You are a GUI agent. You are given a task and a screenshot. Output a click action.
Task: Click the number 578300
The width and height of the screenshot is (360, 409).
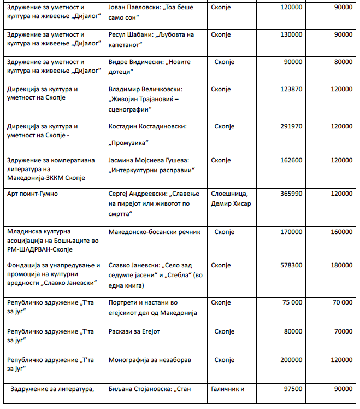click(x=290, y=265)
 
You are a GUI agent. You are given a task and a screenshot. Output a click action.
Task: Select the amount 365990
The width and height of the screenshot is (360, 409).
click(x=290, y=194)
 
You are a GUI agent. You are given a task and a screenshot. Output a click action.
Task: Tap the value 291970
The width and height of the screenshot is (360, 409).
click(x=290, y=126)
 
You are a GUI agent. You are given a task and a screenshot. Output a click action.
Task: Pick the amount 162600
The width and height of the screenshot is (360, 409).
click(x=290, y=160)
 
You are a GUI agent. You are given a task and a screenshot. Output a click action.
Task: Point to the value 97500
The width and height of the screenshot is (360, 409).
click(x=291, y=389)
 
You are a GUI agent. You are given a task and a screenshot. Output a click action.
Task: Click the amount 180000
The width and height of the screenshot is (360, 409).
click(x=340, y=265)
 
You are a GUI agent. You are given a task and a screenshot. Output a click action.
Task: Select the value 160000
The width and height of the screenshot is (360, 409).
click(x=340, y=232)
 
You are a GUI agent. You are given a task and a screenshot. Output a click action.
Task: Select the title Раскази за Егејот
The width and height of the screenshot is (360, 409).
click(x=134, y=331)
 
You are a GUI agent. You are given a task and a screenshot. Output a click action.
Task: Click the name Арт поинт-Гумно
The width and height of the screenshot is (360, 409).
click(x=32, y=194)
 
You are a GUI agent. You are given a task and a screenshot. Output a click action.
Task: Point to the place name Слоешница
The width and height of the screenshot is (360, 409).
click(x=229, y=194)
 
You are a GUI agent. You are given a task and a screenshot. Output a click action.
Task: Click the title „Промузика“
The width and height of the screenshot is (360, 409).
click(x=129, y=143)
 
